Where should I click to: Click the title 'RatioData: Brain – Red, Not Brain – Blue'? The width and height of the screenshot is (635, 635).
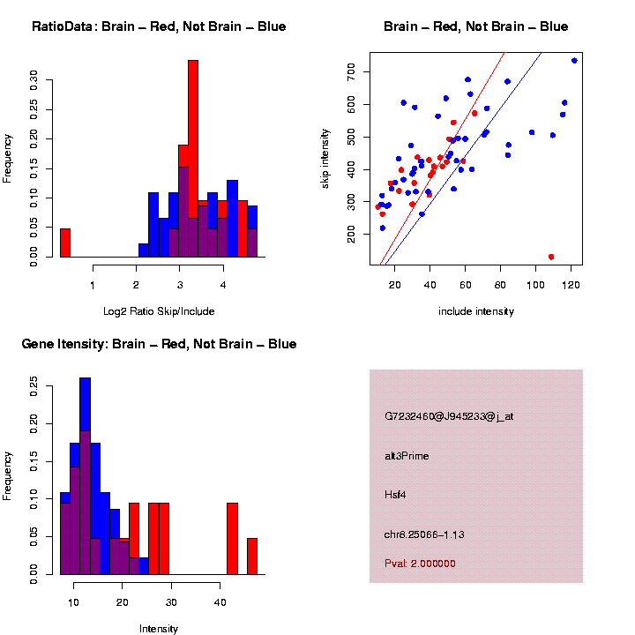pyautogui.click(x=159, y=26)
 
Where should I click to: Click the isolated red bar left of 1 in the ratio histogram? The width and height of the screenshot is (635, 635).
pyautogui.click(x=64, y=243)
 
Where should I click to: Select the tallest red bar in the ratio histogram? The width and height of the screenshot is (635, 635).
pyautogui.click(x=193, y=159)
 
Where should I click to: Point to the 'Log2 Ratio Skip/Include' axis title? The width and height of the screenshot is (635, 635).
pyautogui.click(x=159, y=311)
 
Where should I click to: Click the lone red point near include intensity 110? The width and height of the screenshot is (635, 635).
pyautogui.click(x=551, y=257)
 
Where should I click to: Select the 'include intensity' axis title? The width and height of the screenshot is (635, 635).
pyautogui.click(x=476, y=311)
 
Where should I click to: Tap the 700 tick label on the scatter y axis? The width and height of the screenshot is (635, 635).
pyautogui.click(x=353, y=70)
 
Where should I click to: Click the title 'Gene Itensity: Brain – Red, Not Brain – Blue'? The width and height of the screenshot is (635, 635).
pyautogui.click(x=159, y=344)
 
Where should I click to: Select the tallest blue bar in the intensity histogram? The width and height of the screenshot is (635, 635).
pyautogui.click(x=86, y=476)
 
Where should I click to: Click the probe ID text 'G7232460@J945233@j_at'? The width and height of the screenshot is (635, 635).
pyautogui.click(x=449, y=416)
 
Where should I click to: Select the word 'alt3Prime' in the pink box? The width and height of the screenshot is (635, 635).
pyautogui.click(x=407, y=456)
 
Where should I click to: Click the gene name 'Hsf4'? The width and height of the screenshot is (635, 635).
pyautogui.click(x=395, y=495)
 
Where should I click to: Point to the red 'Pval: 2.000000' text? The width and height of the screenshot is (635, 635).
pyautogui.click(x=420, y=563)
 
